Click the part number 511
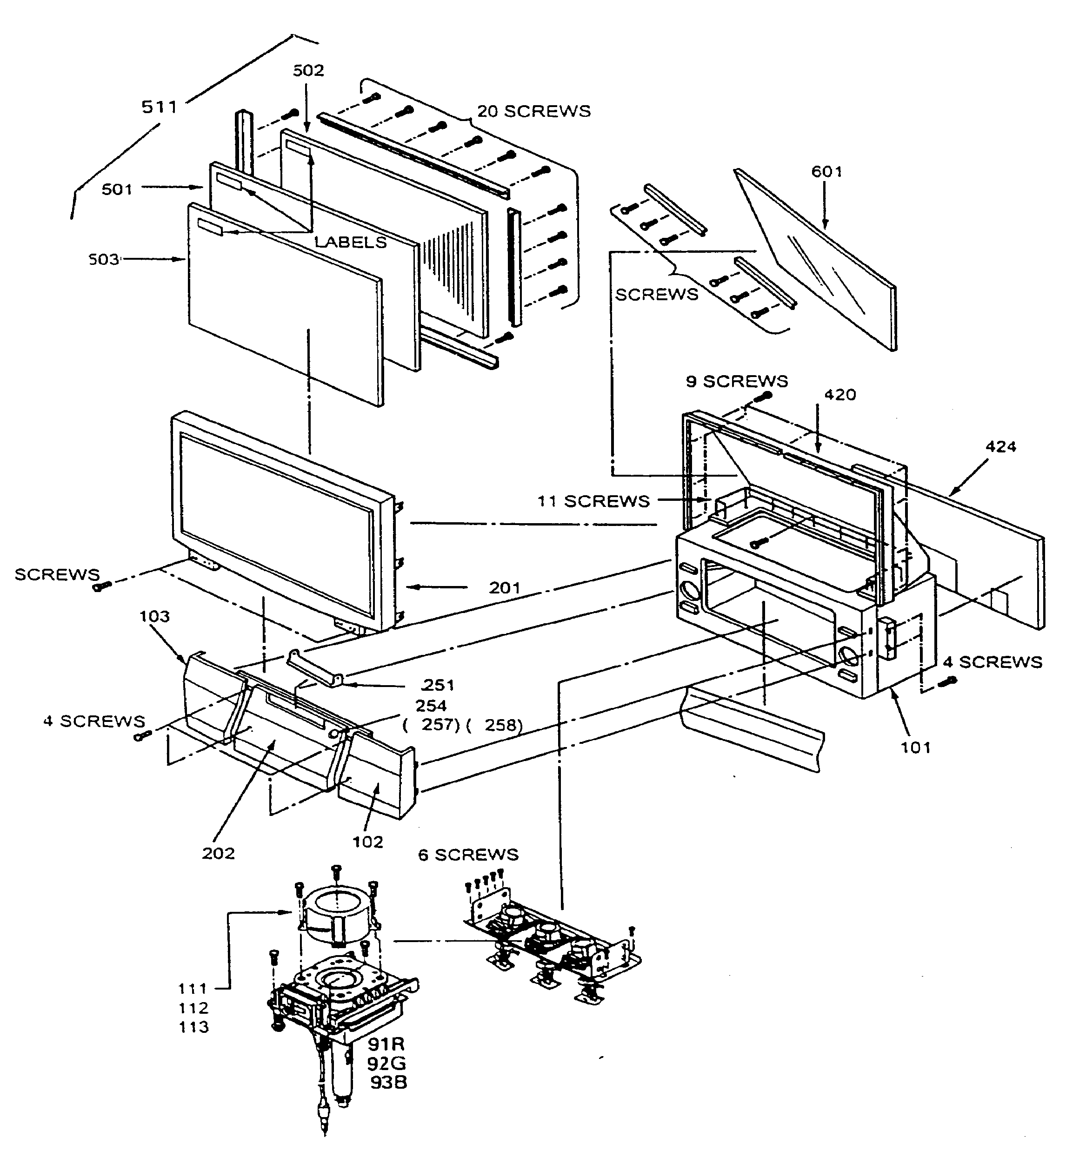coord(159,107)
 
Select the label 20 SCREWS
coord(533,111)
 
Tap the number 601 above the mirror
coord(826,172)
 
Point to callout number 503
coord(104,260)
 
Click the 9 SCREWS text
coord(737,381)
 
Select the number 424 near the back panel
coord(1001,447)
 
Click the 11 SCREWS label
coord(593,501)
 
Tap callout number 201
coord(505,588)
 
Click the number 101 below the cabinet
coord(916,748)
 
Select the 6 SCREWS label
coord(468,855)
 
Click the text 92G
coord(387,1064)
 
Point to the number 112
coord(193,1008)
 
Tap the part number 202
coord(218,854)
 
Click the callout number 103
coord(154,616)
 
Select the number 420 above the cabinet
coord(840,395)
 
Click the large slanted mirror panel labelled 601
coord(822,261)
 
